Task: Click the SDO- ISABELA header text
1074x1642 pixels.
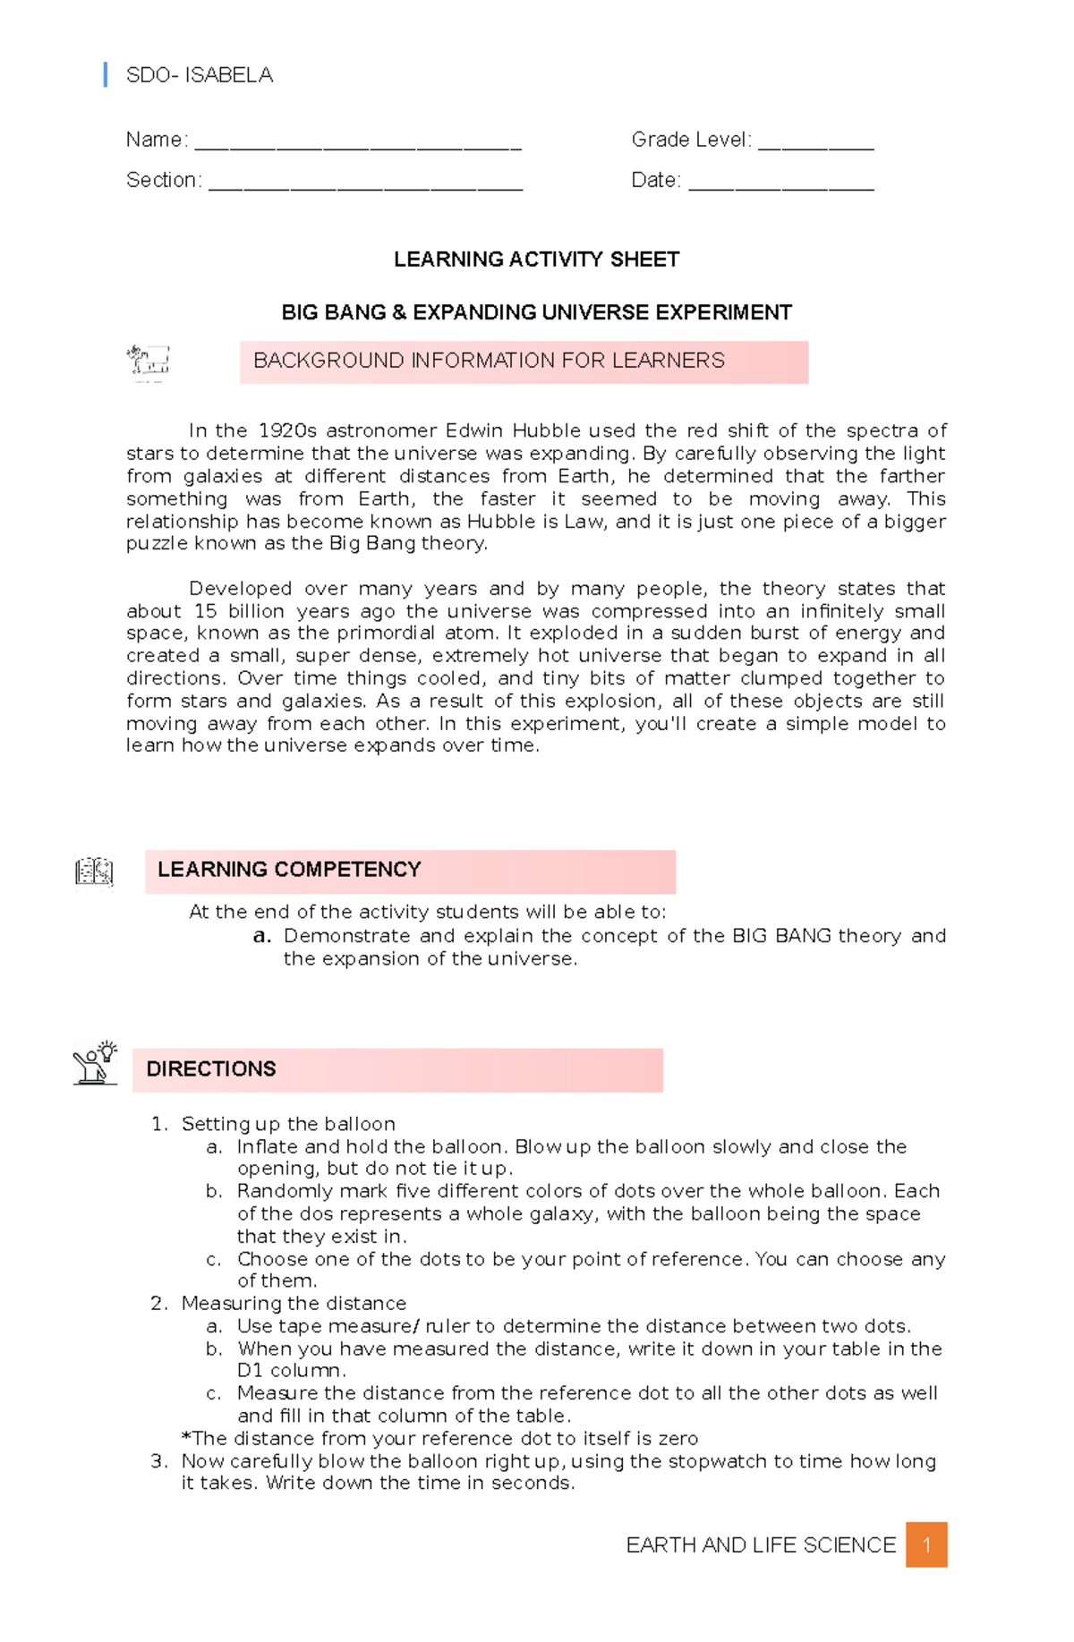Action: tap(199, 75)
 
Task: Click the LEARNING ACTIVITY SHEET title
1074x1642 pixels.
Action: tap(536, 259)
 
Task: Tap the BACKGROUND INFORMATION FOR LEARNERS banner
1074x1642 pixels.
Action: tap(524, 362)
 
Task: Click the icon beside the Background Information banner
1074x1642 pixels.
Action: tap(149, 362)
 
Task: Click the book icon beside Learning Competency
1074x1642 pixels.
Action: tap(94, 872)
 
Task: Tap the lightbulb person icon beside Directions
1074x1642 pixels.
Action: tap(95, 1063)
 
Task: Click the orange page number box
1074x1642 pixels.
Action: tap(926, 1544)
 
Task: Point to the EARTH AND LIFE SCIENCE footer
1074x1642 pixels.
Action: tap(761, 1545)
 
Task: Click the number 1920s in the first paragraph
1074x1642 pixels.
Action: tap(287, 431)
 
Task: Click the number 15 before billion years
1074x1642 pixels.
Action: tap(205, 611)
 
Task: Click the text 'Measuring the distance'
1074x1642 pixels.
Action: tap(294, 1303)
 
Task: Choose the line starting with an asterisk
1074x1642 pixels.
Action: tap(439, 1438)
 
